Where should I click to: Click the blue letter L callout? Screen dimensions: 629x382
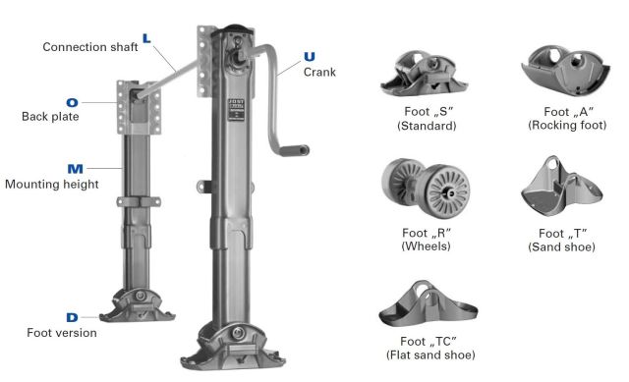click(146, 38)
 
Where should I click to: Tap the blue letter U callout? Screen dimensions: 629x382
click(310, 57)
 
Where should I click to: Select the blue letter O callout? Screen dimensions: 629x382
click(72, 102)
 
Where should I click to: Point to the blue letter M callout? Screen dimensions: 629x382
click(76, 169)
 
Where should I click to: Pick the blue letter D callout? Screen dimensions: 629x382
click(72, 317)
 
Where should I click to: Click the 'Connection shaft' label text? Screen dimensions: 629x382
click(90, 47)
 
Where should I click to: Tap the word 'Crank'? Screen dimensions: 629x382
click(319, 72)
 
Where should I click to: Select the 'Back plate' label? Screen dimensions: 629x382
click(50, 117)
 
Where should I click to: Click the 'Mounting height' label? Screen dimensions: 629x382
click(52, 184)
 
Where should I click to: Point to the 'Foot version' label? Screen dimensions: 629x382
click(62, 333)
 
